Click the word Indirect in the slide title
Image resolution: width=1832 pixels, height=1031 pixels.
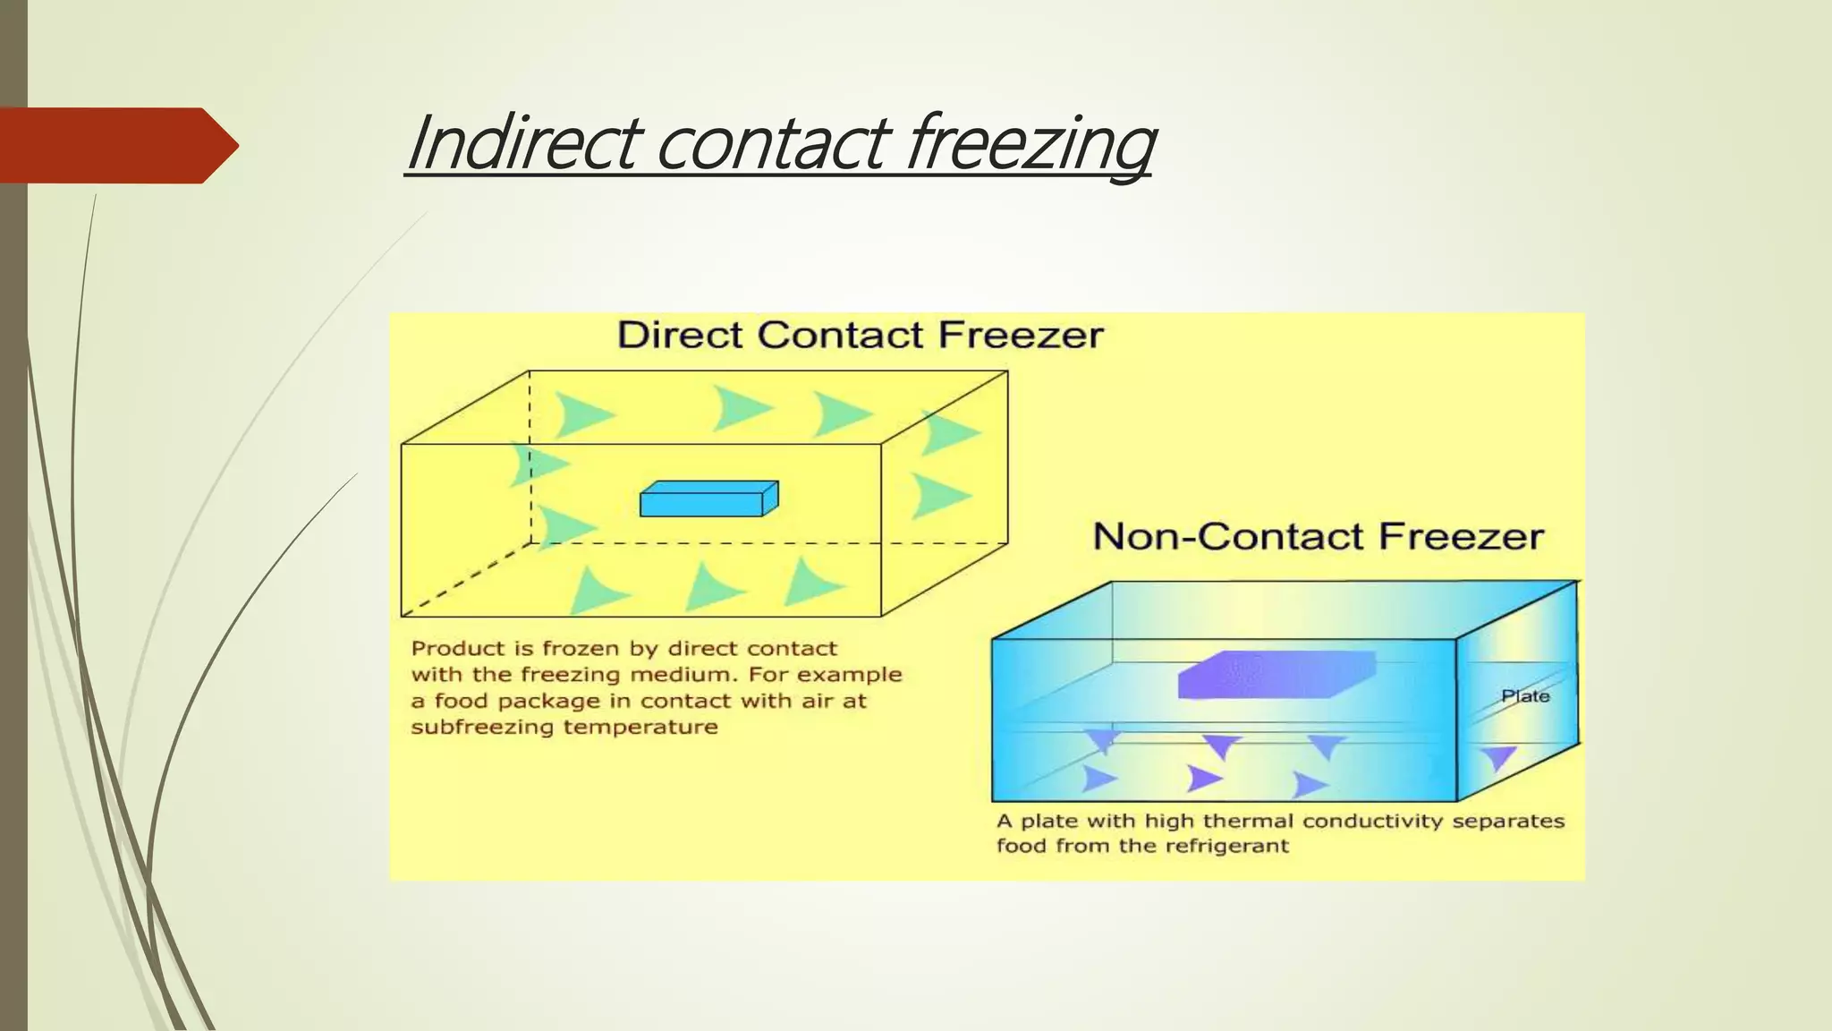tap(523, 143)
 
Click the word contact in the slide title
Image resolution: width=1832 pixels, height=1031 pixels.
tap(774, 143)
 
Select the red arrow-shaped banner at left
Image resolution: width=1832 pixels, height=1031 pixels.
tap(116, 145)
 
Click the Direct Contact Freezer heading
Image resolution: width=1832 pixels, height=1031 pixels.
tap(860, 336)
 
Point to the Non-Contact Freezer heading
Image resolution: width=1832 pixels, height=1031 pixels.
tap(1318, 537)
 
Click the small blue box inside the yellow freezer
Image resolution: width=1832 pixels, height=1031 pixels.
tap(708, 499)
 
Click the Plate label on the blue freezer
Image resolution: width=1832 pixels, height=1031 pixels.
tap(1525, 696)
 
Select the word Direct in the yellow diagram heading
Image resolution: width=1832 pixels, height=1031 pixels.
tap(680, 336)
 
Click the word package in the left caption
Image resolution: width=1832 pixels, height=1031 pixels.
tap(548, 701)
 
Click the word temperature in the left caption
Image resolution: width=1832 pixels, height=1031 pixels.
tap(640, 727)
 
